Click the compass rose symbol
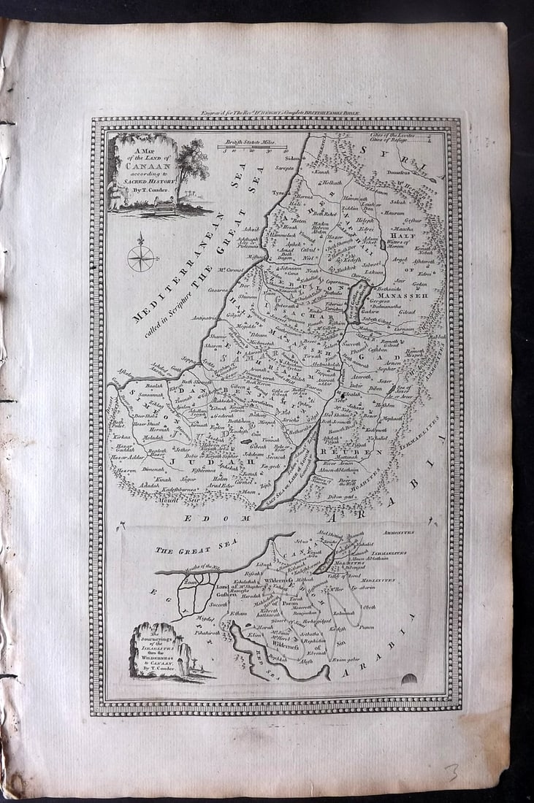click(x=140, y=256)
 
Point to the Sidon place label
click(x=294, y=157)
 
